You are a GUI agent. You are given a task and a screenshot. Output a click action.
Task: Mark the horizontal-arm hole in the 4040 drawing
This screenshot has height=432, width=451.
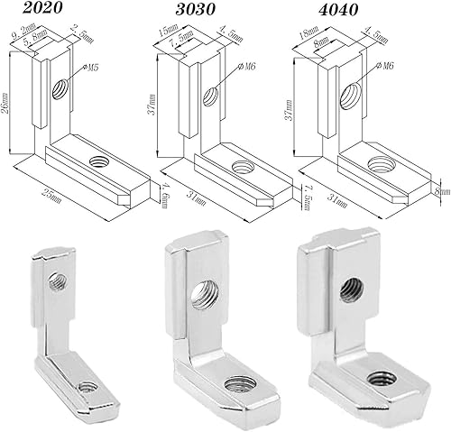coord(378,165)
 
